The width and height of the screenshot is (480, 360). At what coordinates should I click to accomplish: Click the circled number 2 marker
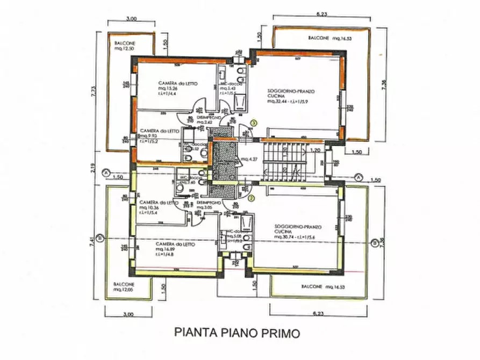(x=250, y=198)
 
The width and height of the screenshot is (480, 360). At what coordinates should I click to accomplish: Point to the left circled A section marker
(x=108, y=172)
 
